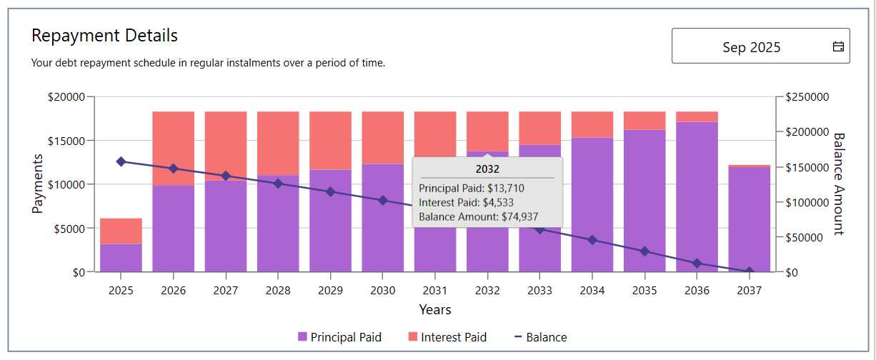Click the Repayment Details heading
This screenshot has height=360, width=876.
[x=104, y=35]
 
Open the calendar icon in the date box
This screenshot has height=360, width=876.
[x=838, y=47]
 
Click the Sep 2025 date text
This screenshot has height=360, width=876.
[x=751, y=47]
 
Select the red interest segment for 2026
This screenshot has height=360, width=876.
[x=174, y=148]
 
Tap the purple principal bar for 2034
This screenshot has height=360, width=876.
[x=592, y=204]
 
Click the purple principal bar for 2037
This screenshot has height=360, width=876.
[x=750, y=218]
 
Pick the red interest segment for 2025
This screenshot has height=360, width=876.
[x=121, y=231]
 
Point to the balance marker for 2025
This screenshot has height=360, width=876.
[x=121, y=161]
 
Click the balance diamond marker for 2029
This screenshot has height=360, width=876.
[x=330, y=191]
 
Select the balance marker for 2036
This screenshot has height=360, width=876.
[x=697, y=264]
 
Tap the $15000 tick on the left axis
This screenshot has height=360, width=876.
[x=65, y=141]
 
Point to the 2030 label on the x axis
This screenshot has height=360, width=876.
[x=383, y=291]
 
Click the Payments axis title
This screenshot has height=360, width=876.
[x=38, y=184]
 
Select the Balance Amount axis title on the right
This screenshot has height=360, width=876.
[x=839, y=184]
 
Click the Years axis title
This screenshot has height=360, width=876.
[x=434, y=309]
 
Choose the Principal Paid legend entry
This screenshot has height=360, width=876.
[x=339, y=337]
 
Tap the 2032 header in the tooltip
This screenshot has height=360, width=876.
[x=487, y=169]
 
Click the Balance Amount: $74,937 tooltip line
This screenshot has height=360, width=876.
[x=478, y=217]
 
